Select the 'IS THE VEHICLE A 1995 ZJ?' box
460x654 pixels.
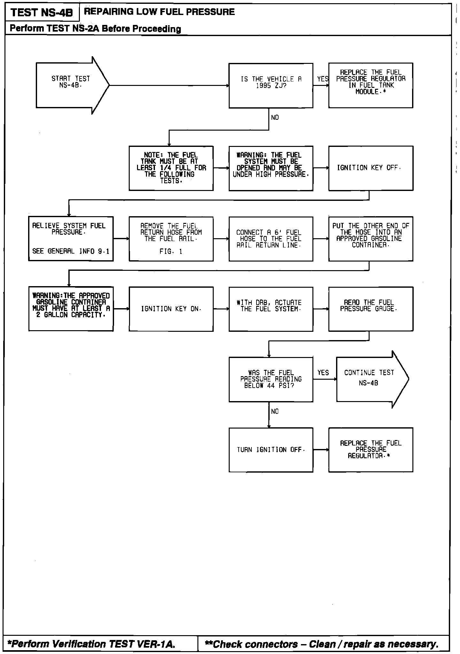pos(271,85)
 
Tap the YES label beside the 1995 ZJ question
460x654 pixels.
pos(322,79)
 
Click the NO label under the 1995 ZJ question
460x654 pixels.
pos(275,118)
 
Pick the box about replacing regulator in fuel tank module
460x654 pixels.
pos(371,85)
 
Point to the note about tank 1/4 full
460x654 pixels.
pos(171,168)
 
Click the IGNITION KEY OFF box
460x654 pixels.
pos(371,168)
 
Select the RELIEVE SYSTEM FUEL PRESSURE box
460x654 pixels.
pos(71,239)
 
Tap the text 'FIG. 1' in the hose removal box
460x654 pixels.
pos(171,252)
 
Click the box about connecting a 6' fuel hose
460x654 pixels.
pos(271,239)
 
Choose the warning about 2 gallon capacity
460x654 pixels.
pos(71,309)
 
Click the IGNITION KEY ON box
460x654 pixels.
pos(171,309)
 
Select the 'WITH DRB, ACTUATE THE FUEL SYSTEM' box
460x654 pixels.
pos(271,309)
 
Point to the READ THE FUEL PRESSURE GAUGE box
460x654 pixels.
pos(371,309)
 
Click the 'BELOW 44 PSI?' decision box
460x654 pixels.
pos(271,379)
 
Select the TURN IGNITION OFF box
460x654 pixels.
pos(271,450)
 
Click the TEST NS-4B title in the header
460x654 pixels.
pos(42,13)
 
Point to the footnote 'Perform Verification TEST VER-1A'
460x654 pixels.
pos(93,644)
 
